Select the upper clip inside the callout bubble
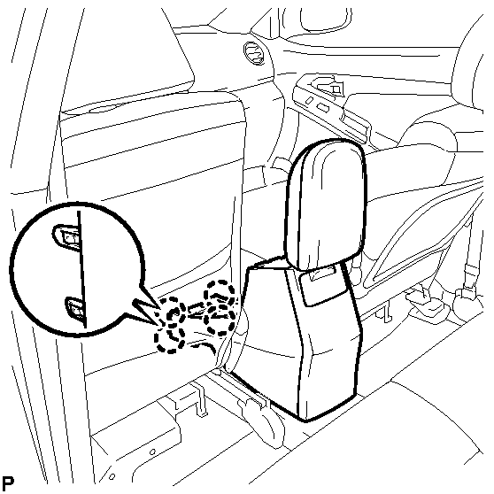(66, 237)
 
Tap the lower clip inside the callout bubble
(75, 309)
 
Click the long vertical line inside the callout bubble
(82, 269)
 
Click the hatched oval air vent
(254, 53)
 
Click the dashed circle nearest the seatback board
(220, 308)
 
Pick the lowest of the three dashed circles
(169, 339)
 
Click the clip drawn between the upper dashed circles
(196, 310)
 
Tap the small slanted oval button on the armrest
(310, 100)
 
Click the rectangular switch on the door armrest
(322, 107)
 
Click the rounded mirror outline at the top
(325, 19)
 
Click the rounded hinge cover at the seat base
(260, 418)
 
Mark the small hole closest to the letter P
(112, 476)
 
